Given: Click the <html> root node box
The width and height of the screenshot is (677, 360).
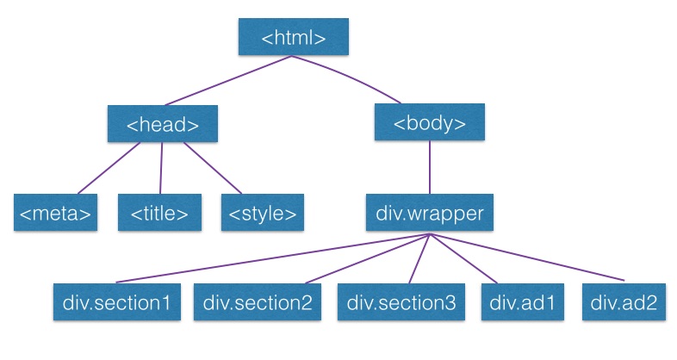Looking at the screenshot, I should coord(294,38).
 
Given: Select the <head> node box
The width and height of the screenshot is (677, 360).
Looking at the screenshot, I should coord(162,124).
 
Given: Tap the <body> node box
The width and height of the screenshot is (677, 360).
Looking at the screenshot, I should coord(430,123).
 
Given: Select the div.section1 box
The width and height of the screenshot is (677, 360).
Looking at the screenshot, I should coord(116,302).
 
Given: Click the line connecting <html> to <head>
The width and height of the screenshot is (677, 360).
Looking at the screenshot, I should coord(228,81).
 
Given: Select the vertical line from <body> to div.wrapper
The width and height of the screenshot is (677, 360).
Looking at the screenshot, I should coord(430,167).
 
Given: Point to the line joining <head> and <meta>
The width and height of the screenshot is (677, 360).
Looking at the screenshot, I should coord(108,168).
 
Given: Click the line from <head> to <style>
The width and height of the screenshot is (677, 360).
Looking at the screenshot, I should coord(211,167).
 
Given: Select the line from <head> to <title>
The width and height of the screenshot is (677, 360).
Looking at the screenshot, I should coord(162,167).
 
